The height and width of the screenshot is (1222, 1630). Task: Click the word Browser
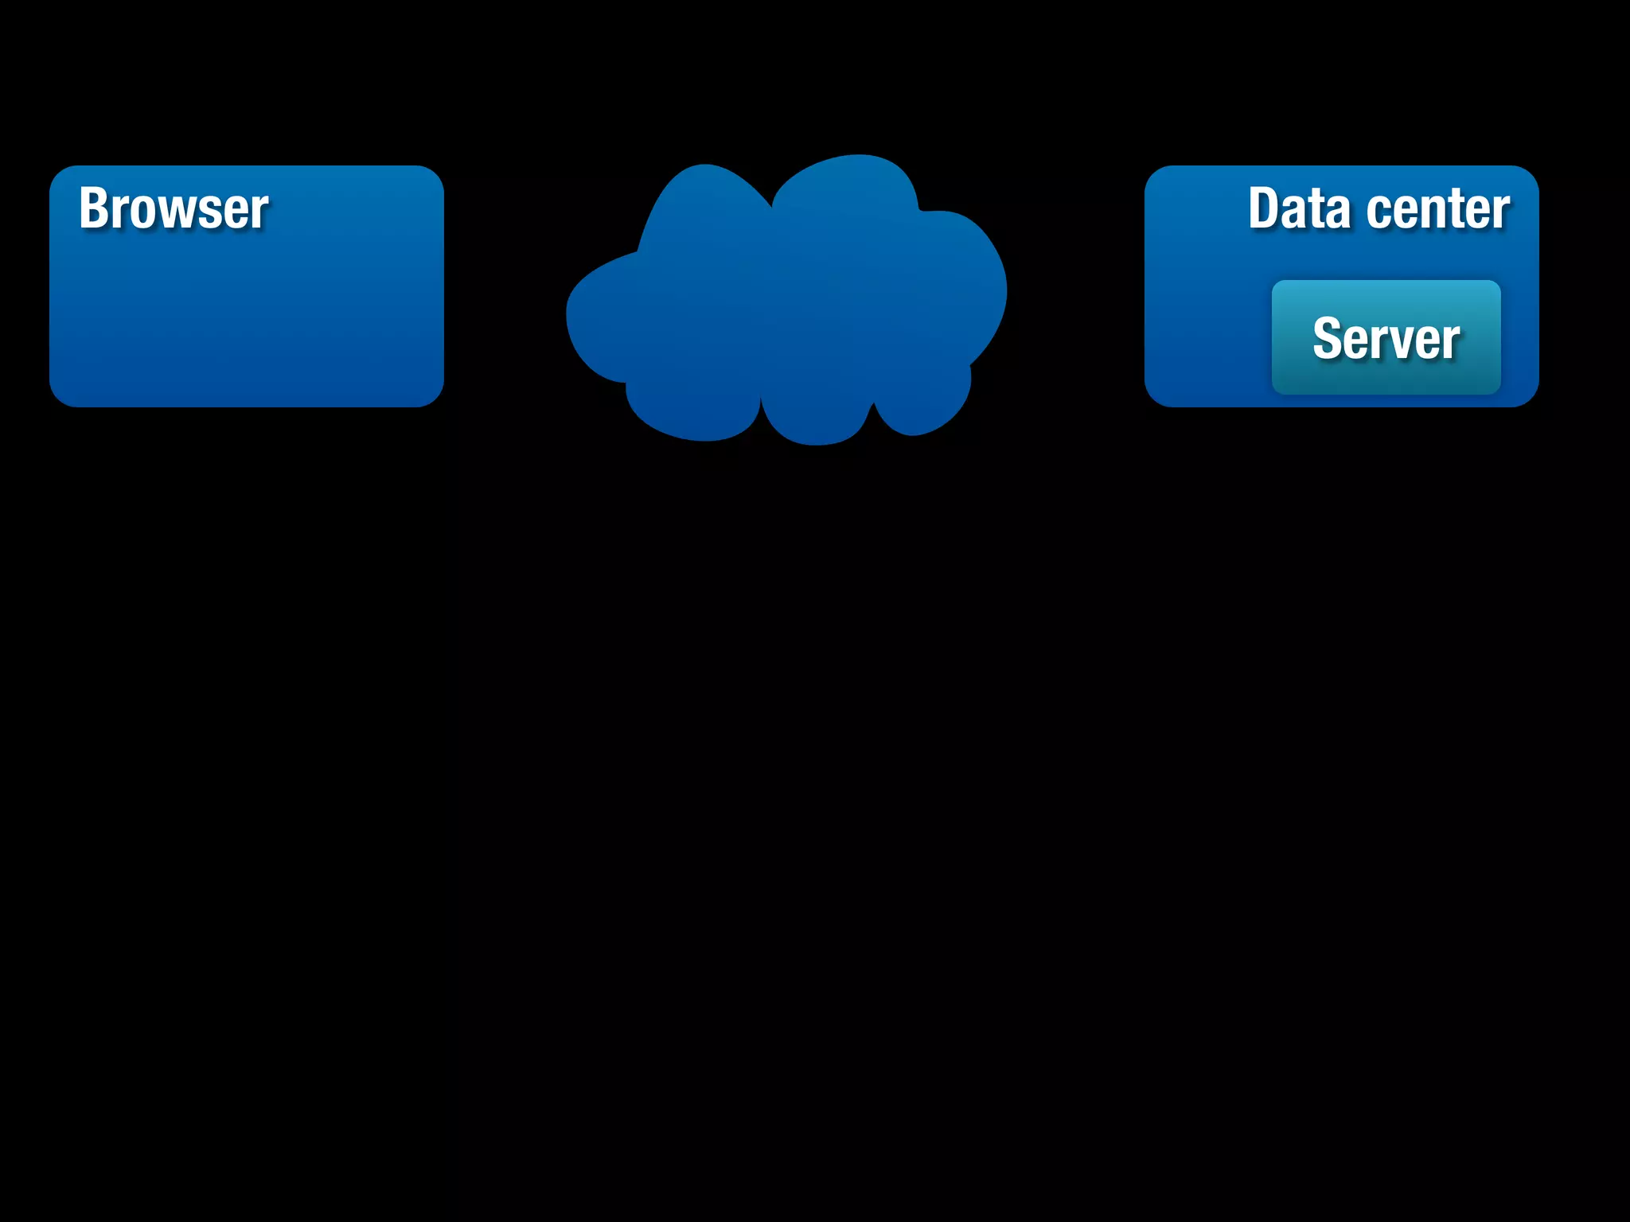[174, 208]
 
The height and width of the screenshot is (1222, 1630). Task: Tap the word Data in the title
[1299, 208]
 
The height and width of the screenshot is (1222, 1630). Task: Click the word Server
[1386, 339]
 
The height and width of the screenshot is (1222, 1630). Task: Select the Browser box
[247, 318]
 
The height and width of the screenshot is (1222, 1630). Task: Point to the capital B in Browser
[94, 208]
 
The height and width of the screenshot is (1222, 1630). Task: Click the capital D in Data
[1264, 208]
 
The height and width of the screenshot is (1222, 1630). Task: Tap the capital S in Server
[1328, 339]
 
